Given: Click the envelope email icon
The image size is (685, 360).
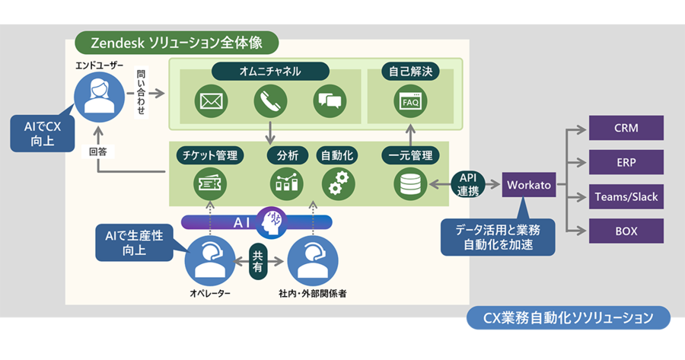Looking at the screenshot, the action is click(211, 101).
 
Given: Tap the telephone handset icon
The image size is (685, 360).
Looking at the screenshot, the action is click(270, 101).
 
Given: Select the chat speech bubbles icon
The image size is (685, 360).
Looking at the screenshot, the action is click(330, 101).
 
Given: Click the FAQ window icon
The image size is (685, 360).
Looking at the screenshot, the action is click(410, 101).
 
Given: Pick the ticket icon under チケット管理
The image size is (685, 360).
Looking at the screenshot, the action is click(210, 184).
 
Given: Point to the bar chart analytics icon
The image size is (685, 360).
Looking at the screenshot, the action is click(287, 184).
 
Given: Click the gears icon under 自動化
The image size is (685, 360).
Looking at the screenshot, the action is click(339, 184).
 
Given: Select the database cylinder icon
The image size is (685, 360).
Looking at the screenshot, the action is click(410, 184).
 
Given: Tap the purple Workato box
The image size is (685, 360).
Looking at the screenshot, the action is click(529, 185).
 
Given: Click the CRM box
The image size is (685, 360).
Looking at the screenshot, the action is click(626, 128).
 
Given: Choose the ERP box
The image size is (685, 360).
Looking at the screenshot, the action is click(626, 163).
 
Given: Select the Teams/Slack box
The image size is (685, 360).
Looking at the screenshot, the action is click(626, 196).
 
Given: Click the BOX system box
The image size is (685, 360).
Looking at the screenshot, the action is click(626, 231).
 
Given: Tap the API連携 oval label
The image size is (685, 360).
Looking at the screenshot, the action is click(468, 184).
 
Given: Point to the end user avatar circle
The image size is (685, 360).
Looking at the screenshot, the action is click(99, 97).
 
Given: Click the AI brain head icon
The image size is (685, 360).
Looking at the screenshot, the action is click(271, 223).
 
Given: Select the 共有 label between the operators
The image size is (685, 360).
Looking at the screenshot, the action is click(258, 261).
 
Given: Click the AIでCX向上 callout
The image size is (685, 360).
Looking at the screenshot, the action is click(43, 133).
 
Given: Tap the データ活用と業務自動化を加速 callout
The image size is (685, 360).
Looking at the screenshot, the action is click(498, 237).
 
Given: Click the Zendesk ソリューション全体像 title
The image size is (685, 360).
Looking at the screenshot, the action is click(177, 43).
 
